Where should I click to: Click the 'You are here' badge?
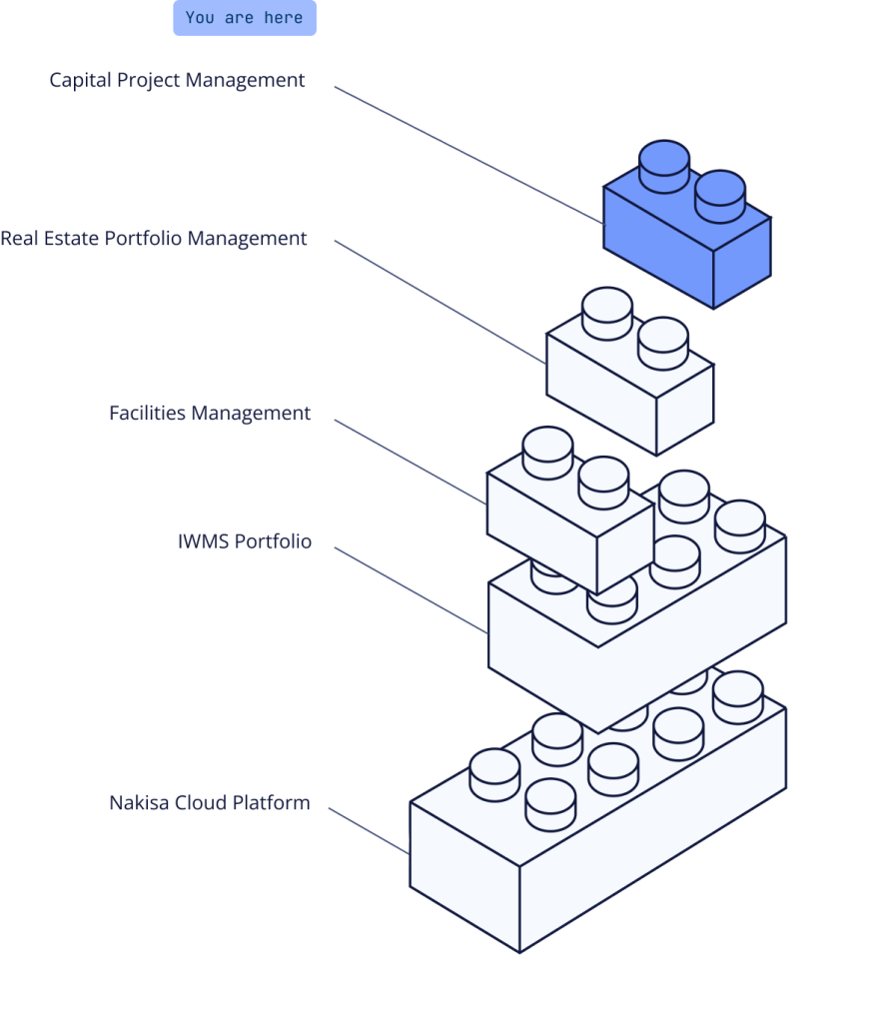[x=245, y=18]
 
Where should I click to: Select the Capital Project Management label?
[x=177, y=80]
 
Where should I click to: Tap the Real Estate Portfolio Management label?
[x=154, y=239]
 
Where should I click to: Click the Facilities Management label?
[x=210, y=414]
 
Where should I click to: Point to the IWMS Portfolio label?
[x=244, y=542]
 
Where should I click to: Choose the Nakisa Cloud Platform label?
[x=210, y=803]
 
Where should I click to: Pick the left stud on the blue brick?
[x=664, y=166]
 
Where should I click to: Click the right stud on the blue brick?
[x=720, y=195]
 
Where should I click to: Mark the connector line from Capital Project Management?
[x=469, y=154]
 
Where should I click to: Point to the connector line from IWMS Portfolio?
[x=410, y=590]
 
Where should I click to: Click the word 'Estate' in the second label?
[x=75, y=239]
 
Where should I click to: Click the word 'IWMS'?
[x=203, y=542]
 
